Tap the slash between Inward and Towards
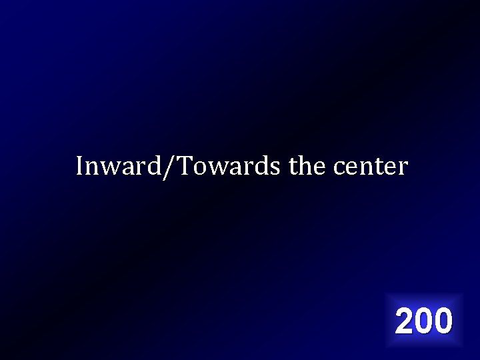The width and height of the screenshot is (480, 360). [x=172, y=167]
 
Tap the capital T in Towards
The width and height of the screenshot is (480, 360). [x=184, y=166]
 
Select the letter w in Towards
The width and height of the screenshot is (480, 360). [x=216, y=168]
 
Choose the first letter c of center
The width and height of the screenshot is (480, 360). [x=339, y=168]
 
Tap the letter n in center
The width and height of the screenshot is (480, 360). [x=367, y=168]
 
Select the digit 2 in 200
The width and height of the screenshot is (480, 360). [x=405, y=321]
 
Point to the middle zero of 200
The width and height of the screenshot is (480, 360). [x=424, y=321]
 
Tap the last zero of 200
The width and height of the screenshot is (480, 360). [x=443, y=321]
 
